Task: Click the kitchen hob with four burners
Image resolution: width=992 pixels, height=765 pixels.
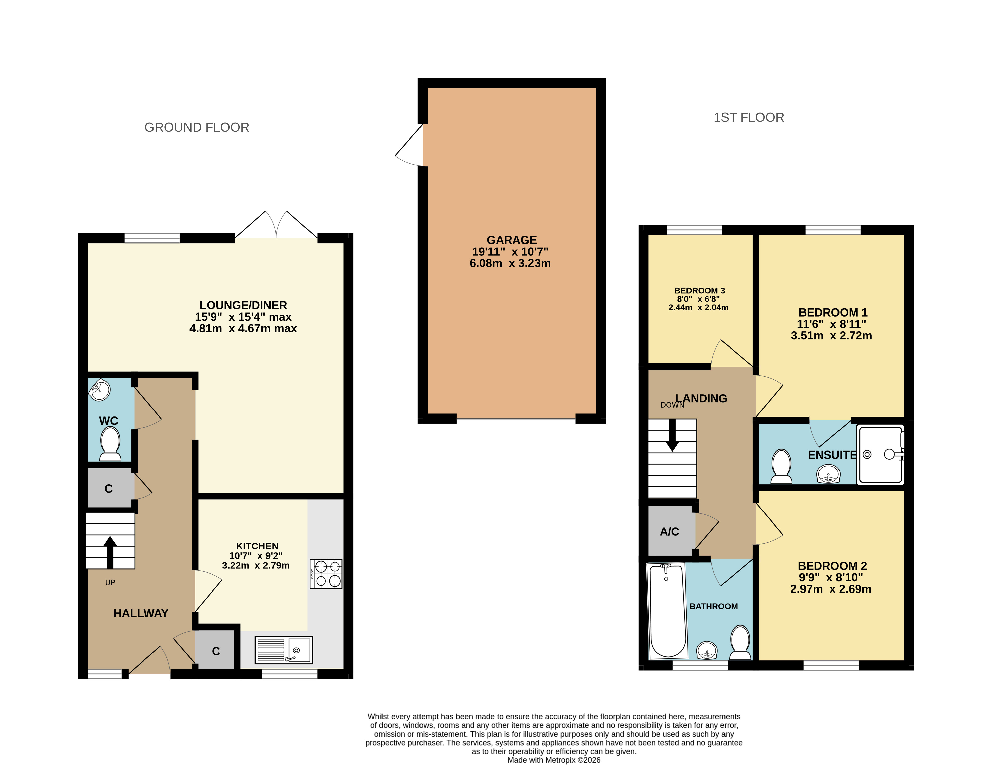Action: pyautogui.click(x=326, y=574)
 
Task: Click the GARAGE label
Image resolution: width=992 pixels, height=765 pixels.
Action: pyautogui.click(x=511, y=240)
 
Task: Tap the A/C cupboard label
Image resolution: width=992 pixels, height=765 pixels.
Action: pyautogui.click(x=669, y=531)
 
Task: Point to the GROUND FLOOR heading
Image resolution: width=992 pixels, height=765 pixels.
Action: pyautogui.click(x=197, y=127)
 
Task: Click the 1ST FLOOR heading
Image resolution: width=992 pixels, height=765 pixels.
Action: pyautogui.click(x=749, y=117)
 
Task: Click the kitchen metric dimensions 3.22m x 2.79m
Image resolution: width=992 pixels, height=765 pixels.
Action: pyautogui.click(x=256, y=566)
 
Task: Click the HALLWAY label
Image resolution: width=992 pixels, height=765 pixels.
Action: pyautogui.click(x=141, y=613)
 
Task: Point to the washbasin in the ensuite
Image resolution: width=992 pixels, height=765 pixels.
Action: pyautogui.click(x=828, y=474)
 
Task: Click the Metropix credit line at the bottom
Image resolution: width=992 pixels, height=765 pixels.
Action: pyautogui.click(x=554, y=760)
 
